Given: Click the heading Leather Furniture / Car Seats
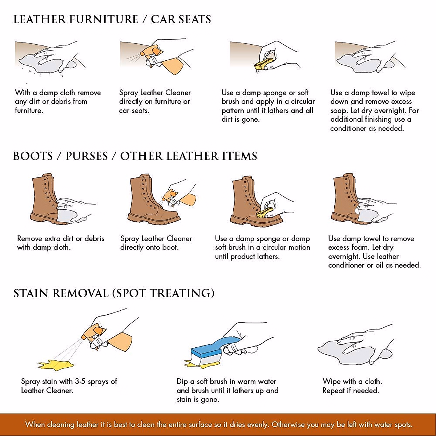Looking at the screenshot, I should (x=112, y=19).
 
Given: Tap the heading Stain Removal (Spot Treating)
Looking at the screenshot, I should (x=114, y=293).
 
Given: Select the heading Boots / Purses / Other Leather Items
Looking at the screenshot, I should (x=135, y=156).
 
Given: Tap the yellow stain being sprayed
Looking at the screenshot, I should (x=56, y=364).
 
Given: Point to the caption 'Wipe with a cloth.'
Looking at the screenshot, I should (x=352, y=381).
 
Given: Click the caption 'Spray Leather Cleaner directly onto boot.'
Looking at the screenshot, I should (x=156, y=243).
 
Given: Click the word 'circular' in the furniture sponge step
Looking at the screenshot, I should (x=302, y=101).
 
